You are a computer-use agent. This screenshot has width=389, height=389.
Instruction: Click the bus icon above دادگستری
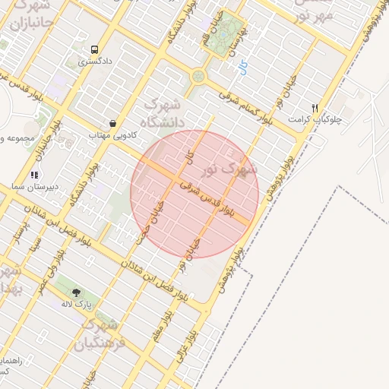tap(93, 47)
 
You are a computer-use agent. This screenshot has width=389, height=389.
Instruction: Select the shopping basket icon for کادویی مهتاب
tap(113, 123)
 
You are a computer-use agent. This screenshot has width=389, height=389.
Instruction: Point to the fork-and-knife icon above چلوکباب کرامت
tap(315, 108)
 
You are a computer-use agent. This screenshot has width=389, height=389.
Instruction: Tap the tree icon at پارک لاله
tap(76, 293)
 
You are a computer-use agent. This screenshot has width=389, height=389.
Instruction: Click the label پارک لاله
tap(77, 304)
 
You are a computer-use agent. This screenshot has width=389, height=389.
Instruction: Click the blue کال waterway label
tap(242, 67)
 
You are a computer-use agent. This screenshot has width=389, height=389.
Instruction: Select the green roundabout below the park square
tap(198, 76)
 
